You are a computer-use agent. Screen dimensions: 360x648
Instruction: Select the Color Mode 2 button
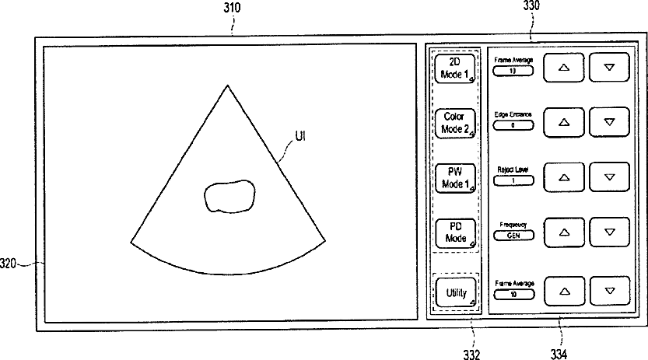coord(455,124)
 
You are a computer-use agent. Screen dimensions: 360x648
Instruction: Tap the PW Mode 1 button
coord(455,178)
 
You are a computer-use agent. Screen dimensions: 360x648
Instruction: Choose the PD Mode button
coord(455,232)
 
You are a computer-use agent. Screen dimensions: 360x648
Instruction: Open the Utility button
coord(455,293)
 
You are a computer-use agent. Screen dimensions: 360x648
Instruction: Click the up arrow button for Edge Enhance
coord(563,122)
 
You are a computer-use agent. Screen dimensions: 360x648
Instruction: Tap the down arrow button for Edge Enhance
coord(609,122)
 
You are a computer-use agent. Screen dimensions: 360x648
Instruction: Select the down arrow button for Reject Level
coord(609,177)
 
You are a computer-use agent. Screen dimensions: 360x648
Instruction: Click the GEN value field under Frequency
coord(513,236)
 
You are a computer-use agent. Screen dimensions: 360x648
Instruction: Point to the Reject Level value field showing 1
coord(513,180)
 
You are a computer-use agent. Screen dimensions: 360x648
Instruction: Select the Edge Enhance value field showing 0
coord(513,125)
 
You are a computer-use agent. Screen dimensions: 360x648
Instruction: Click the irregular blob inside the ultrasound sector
coord(229,195)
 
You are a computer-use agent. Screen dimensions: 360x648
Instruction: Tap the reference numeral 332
coord(471,355)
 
